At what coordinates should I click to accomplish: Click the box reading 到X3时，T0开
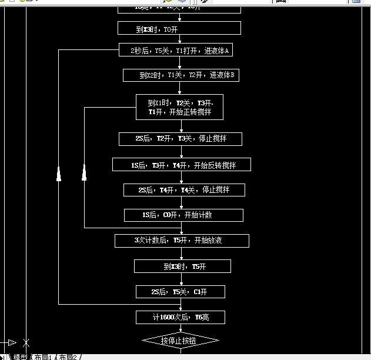tap(179, 28)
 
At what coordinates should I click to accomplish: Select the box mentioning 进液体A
tap(179, 51)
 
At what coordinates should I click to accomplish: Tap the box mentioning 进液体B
tap(182, 75)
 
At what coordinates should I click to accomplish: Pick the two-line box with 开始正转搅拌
tap(179, 107)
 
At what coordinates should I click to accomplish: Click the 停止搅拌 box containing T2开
tap(180, 139)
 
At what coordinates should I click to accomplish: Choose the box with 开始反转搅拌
tap(182, 165)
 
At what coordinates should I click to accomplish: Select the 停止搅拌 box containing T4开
tap(183, 190)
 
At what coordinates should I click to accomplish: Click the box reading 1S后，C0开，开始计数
tap(183, 215)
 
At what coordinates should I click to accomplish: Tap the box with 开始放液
tap(182, 241)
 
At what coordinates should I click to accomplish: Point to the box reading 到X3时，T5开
tap(182, 266)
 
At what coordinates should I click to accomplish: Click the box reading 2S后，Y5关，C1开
tap(180, 292)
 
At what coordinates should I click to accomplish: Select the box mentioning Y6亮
tap(181, 317)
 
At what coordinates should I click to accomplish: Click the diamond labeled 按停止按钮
tap(181, 341)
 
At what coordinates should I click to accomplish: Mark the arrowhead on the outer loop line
tap(59, 174)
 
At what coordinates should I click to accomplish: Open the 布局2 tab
tap(69, 356)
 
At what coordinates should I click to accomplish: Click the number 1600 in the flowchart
tap(171, 318)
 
